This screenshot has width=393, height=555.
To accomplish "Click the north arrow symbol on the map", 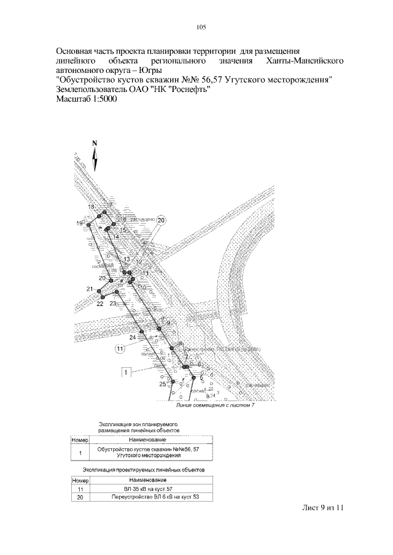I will pos(95,157).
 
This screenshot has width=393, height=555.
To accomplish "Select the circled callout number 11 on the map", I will pos(120,349).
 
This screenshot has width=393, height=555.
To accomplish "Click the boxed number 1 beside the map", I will pos(125,372).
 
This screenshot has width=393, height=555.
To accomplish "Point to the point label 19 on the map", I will pos(79,223).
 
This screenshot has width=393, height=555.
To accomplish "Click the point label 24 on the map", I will pos(133,337).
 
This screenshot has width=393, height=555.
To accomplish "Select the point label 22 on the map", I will pos(99,304).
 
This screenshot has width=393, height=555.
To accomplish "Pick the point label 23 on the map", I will pos(113,303).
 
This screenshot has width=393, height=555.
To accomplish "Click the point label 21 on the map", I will pos(90,289).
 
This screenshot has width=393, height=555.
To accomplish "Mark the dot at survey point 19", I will pos(88,225).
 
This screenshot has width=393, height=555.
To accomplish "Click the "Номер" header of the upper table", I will pos(80,440).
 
